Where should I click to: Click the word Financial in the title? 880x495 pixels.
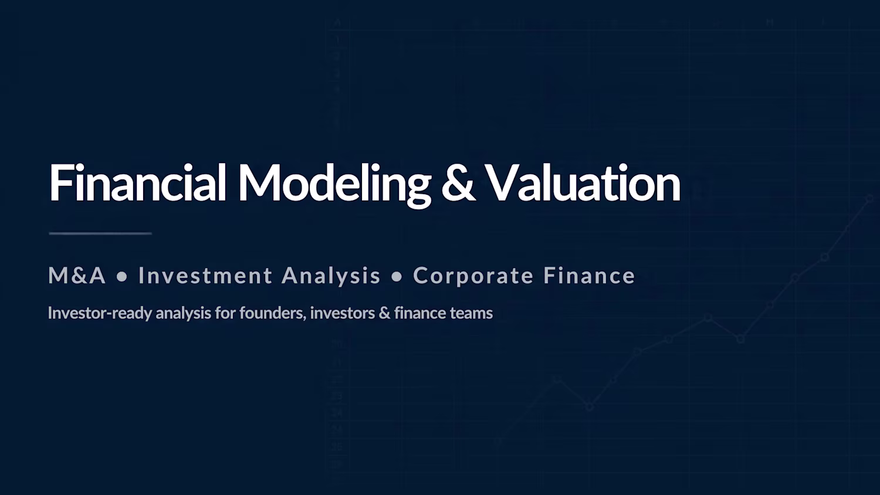pyautogui.click(x=137, y=182)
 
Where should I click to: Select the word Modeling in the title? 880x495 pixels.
pyautogui.click(x=335, y=185)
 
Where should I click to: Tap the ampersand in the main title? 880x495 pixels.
pyautogui.click(x=458, y=183)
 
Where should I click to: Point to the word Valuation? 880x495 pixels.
pyautogui.click(x=583, y=182)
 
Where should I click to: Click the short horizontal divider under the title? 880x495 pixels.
pyautogui.click(x=100, y=233)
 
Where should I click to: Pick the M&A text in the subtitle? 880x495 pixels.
pyautogui.click(x=77, y=275)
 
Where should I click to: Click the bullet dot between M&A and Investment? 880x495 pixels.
pyautogui.click(x=122, y=276)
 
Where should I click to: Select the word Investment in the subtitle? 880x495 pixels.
pyautogui.click(x=205, y=275)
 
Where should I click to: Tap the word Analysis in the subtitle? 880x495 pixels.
pyautogui.click(x=331, y=276)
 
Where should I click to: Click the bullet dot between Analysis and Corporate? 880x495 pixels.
pyautogui.click(x=397, y=276)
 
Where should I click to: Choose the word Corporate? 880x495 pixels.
pyautogui.click(x=473, y=276)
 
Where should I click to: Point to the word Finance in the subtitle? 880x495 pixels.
pyautogui.click(x=589, y=275)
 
